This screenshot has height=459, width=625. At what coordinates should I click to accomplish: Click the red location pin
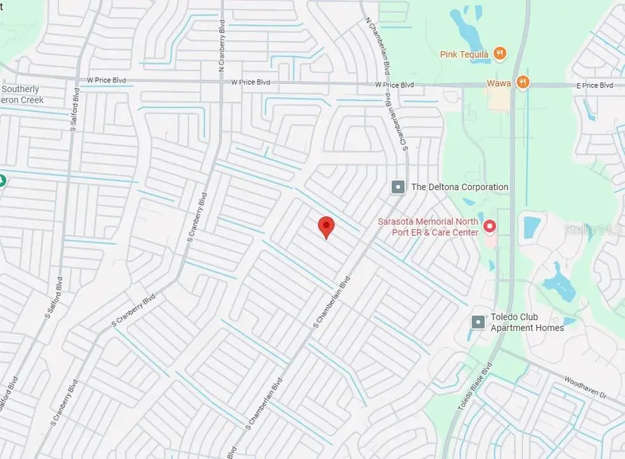coord(326,227)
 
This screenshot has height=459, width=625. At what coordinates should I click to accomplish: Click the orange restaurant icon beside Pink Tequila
coord(499,53)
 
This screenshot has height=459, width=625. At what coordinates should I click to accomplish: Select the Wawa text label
coord(498,83)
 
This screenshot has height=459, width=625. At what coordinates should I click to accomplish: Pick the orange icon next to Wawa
coord(523,83)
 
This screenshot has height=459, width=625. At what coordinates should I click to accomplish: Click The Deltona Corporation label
coord(460,187)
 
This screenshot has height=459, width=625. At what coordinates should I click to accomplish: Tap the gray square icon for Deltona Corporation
coord(398,187)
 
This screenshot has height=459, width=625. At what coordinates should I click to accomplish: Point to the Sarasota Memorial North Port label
coord(427,227)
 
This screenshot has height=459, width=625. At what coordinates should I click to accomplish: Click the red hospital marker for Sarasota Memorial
coord(490,226)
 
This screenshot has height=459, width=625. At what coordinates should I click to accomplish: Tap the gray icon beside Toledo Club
coord(478,322)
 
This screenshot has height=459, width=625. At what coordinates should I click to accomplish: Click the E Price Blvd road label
coord(597,85)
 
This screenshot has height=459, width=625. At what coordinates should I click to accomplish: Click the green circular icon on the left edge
coord(2,180)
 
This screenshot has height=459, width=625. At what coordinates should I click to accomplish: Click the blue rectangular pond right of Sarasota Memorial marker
coord(532,226)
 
